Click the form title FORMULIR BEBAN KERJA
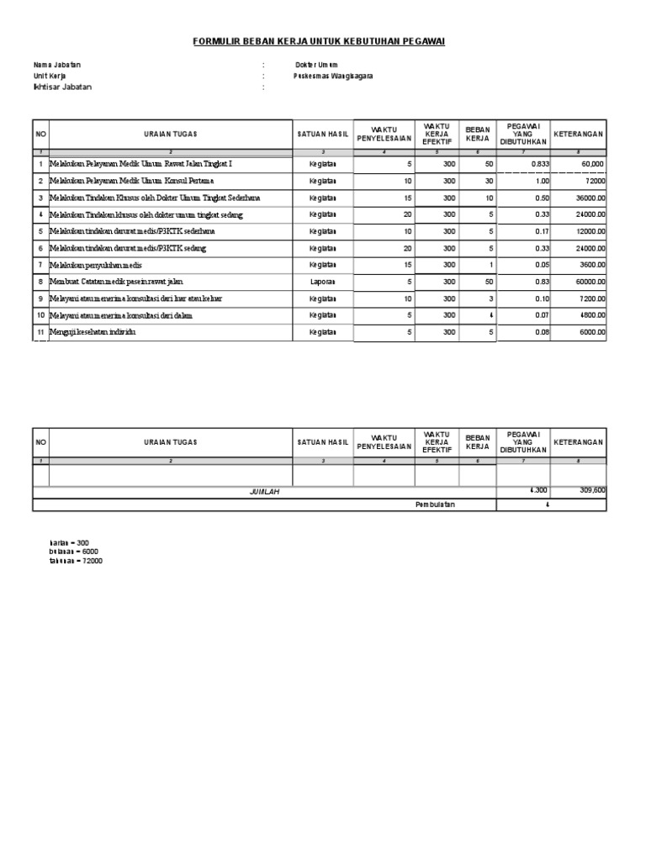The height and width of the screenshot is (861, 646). click(x=319, y=40)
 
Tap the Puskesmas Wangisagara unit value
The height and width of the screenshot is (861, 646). click(x=333, y=76)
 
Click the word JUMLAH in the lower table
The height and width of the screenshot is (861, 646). click(x=264, y=492)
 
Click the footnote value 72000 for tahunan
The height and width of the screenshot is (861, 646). click(x=91, y=561)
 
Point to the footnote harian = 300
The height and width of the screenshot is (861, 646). click(x=69, y=543)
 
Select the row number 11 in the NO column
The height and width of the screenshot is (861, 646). click(x=40, y=332)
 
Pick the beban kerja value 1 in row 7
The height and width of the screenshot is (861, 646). click(x=490, y=265)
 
